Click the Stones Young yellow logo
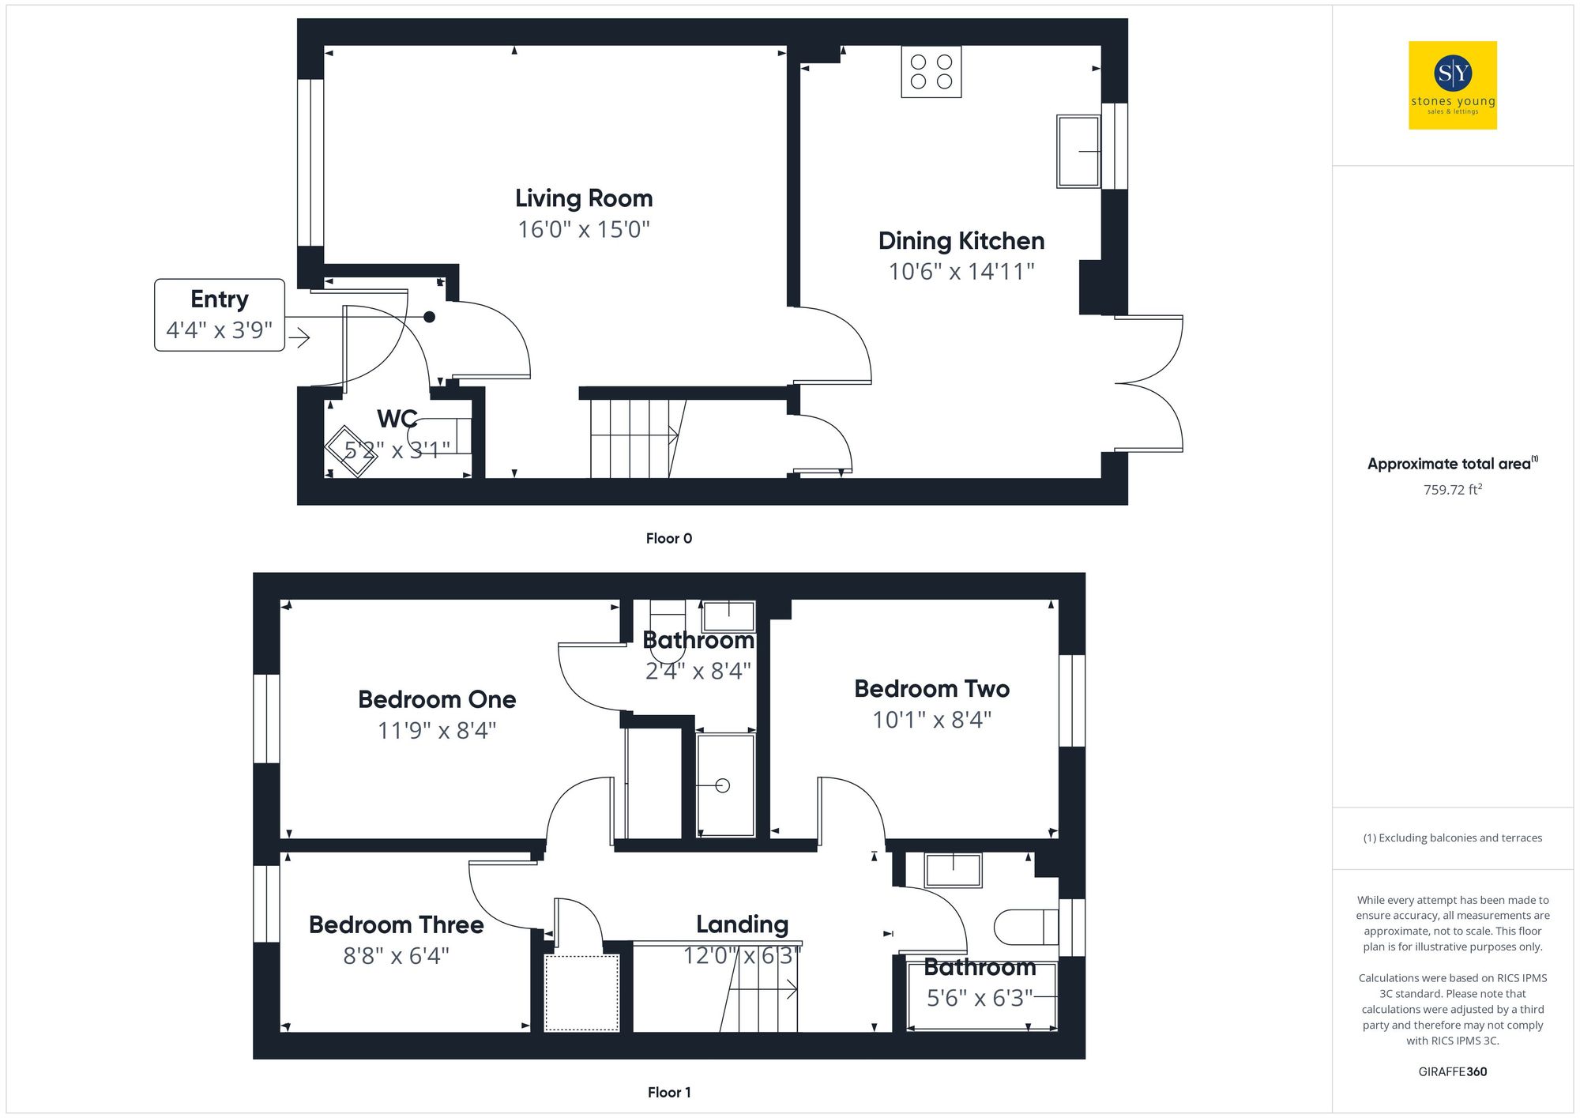point(1452,85)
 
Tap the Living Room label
point(584,198)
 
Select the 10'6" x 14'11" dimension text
point(961,272)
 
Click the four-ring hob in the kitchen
point(931,72)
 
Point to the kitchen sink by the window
point(1078,152)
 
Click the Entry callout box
point(220,314)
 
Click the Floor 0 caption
point(668,539)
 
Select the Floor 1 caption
point(668,1093)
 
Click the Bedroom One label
point(437,699)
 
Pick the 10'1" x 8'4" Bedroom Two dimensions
point(931,720)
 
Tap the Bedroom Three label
point(396,925)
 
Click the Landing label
point(742,924)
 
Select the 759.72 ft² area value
point(1452,490)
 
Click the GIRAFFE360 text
point(1452,1072)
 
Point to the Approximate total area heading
point(1452,464)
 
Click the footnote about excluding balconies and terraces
point(1452,838)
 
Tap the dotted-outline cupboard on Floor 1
point(581,992)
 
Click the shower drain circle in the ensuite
point(722,785)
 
